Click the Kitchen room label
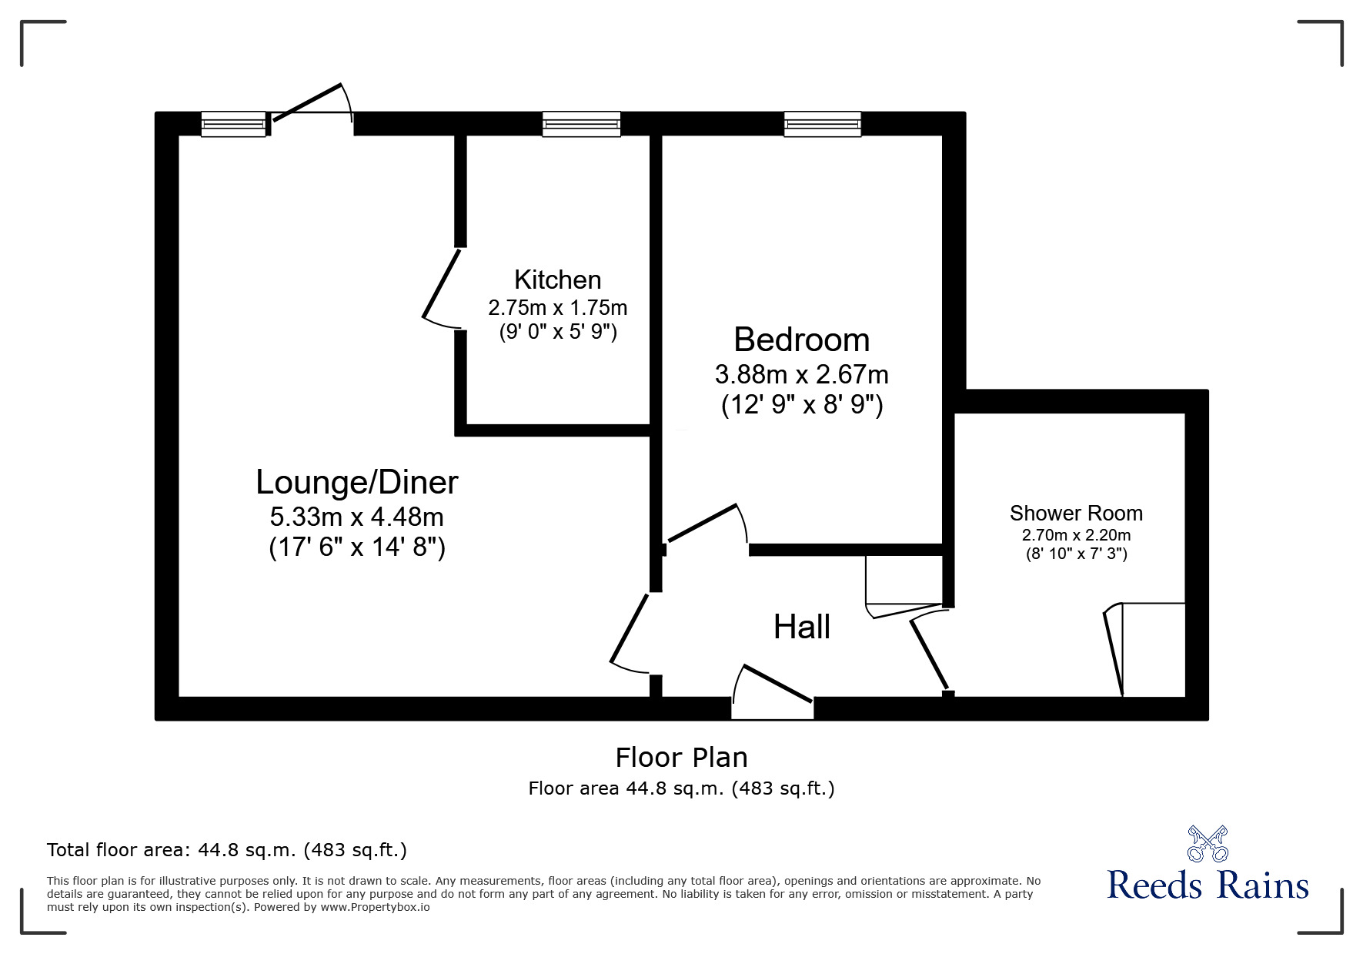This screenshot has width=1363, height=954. (557, 280)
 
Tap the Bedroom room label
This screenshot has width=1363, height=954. (801, 340)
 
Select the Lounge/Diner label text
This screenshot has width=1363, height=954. (356, 483)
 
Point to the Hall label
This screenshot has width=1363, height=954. (801, 627)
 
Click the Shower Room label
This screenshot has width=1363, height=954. (1075, 513)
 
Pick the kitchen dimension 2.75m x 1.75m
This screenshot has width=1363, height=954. (557, 308)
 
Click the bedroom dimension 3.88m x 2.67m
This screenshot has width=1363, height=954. (801, 375)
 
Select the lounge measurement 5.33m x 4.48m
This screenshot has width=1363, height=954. (356, 516)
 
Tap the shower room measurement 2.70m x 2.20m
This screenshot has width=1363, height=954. (1075, 535)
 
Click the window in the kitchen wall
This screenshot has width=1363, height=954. (581, 124)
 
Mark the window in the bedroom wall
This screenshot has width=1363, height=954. (822, 124)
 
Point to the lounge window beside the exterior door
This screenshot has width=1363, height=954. (233, 124)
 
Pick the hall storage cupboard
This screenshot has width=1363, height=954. (904, 581)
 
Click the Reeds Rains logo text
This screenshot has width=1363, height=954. (1207, 885)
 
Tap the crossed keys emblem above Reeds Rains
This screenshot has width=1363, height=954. (1207, 842)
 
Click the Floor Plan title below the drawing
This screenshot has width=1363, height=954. (681, 758)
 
